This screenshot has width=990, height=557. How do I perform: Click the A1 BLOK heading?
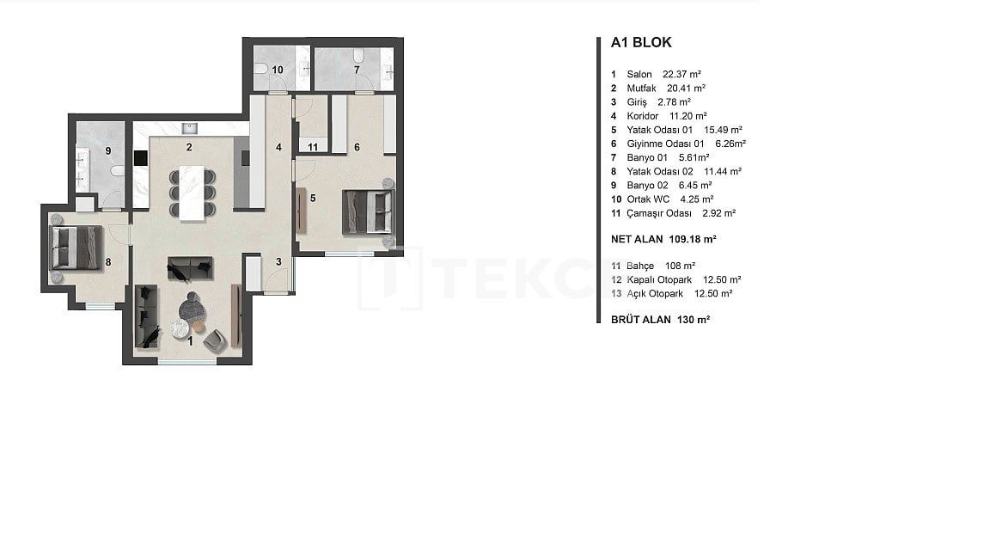pyautogui.click(x=640, y=42)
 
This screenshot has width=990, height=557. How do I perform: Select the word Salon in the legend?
pyautogui.click(x=639, y=74)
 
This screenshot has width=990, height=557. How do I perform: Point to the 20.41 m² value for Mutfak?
pyautogui.click(x=686, y=88)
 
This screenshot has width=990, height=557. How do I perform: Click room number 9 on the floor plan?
pyautogui.click(x=108, y=150)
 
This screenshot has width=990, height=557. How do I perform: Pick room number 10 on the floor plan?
pyautogui.click(x=278, y=70)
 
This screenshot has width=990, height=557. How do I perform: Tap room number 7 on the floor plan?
pyautogui.click(x=357, y=70)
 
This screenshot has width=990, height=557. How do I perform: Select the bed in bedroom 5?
pyautogui.click(x=368, y=211)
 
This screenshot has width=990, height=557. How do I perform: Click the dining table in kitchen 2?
pyautogui.click(x=192, y=191)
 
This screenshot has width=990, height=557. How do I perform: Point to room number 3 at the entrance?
pyautogui.click(x=278, y=261)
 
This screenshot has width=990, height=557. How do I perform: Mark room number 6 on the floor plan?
pyautogui.click(x=357, y=147)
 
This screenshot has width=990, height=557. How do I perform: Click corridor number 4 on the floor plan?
pyautogui.click(x=278, y=147)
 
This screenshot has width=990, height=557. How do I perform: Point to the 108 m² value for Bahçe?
pyautogui.click(x=680, y=266)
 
